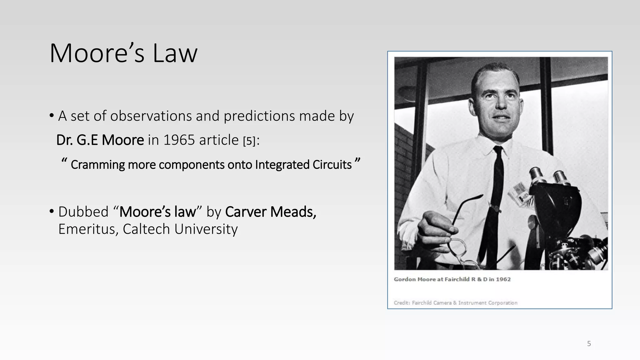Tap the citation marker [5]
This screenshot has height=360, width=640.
click(249, 141)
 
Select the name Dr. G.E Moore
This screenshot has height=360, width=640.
click(100, 140)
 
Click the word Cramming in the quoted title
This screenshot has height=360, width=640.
click(97, 165)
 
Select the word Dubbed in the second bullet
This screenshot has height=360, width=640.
click(83, 212)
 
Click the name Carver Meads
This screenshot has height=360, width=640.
click(270, 212)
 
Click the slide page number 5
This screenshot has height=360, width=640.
click(589, 344)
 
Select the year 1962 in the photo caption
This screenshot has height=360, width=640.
click(503, 279)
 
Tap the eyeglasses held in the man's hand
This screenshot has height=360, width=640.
click(459, 247)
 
